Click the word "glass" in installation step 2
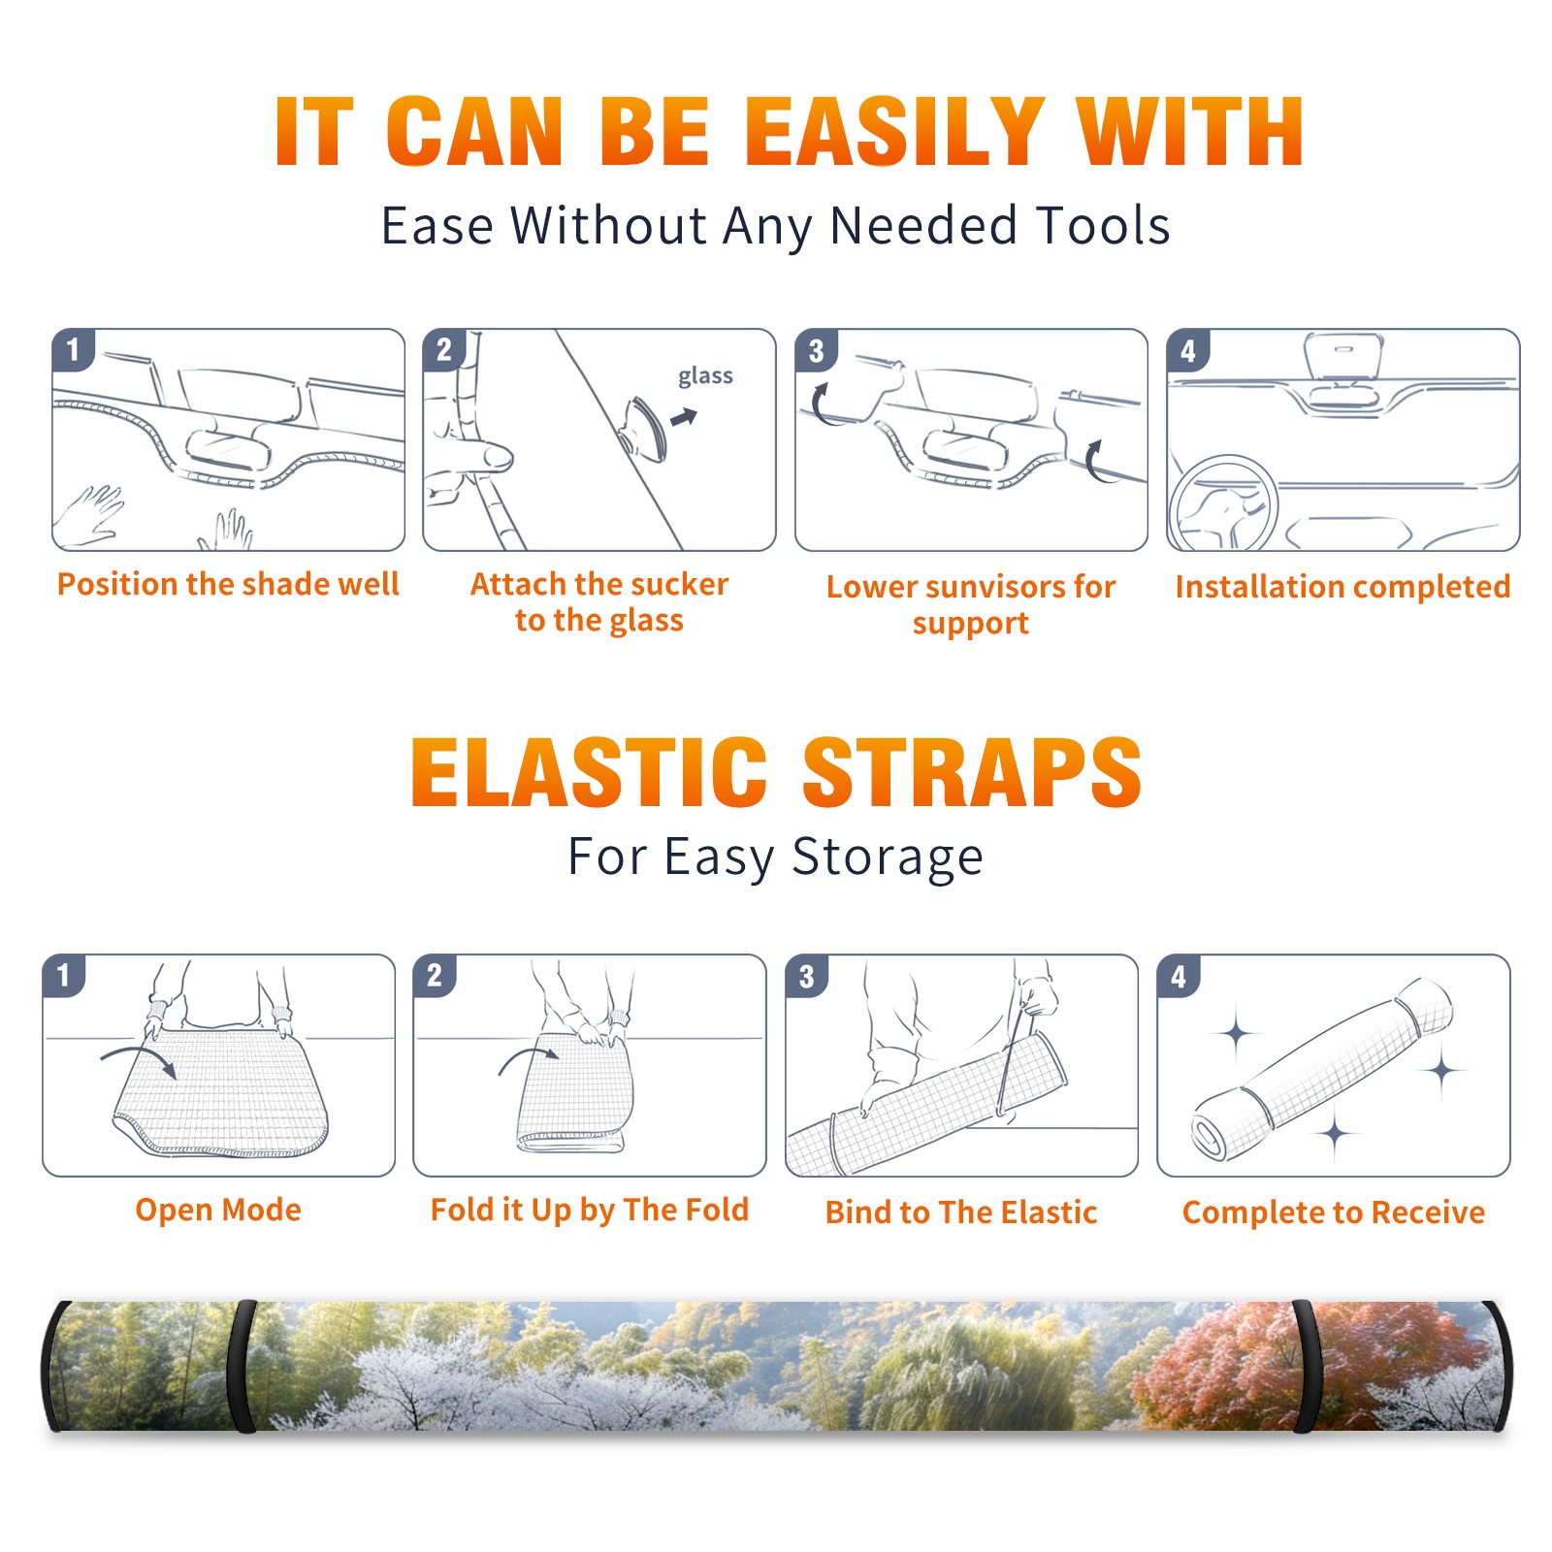[705, 376]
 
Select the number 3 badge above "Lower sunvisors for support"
[817, 350]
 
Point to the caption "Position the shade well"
[228, 584]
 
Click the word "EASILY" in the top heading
[894, 132]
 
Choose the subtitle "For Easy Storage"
[776, 857]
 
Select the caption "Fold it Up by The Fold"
[590, 1210]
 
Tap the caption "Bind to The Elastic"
[961, 1212]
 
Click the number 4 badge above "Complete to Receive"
[1179, 976]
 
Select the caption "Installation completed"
[1343, 587]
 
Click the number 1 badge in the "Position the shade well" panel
[73, 349]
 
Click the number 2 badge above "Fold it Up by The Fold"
[435, 976]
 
